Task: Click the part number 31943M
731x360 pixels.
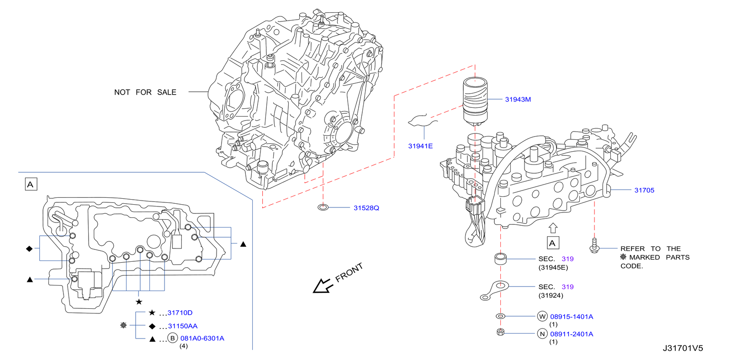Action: pos(518,100)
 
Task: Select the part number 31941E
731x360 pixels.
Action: pos(420,146)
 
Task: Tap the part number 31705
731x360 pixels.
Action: pos(644,191)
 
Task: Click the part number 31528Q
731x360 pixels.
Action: pos(366,208)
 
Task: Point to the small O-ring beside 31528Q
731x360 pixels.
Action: pos(323,207)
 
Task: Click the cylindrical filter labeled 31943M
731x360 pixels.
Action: pos(475,101)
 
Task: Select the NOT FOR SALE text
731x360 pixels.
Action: pos(145,92)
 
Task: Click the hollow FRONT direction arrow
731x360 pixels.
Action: pos(322,286)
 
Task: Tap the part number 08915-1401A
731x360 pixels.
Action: pos(572,317)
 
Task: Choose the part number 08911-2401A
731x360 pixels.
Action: pos(572,334)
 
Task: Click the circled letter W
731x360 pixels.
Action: pos(542,316)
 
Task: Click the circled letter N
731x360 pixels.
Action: pos(542,334)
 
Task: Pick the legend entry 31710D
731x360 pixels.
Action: pos(180,313)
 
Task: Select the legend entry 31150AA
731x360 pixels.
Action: pos(183,326)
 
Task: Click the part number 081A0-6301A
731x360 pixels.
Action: pos(202,339)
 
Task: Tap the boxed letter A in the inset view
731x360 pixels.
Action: pos(31,185)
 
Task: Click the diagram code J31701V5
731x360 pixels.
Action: pos(683,348)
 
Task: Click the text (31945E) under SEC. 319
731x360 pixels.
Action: pos(553,268)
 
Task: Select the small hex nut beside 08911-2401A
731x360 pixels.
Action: pos(500,332)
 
